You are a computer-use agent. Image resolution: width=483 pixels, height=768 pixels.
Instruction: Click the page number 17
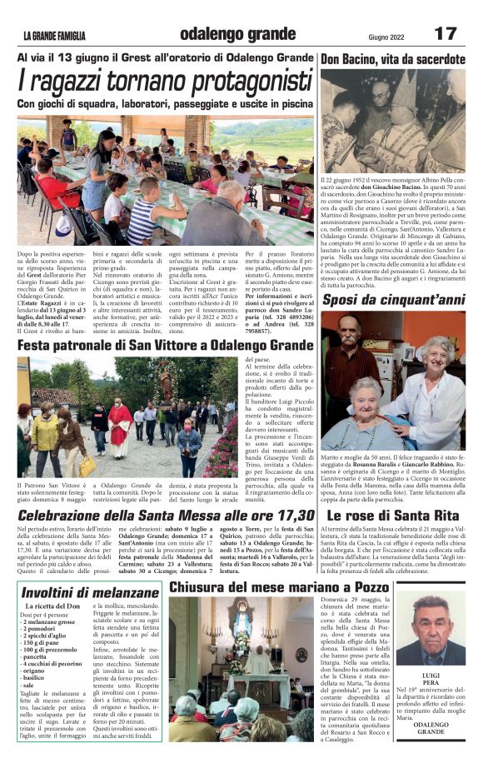(445, 34)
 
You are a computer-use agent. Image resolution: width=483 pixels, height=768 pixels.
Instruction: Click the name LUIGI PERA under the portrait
(431, 676)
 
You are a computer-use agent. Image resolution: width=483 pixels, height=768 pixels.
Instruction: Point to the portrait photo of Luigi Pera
(431, 629)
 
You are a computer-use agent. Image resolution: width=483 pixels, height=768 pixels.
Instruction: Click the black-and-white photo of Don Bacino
(393, 121)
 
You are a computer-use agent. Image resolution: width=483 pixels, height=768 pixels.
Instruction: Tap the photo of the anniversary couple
(393, 380)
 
